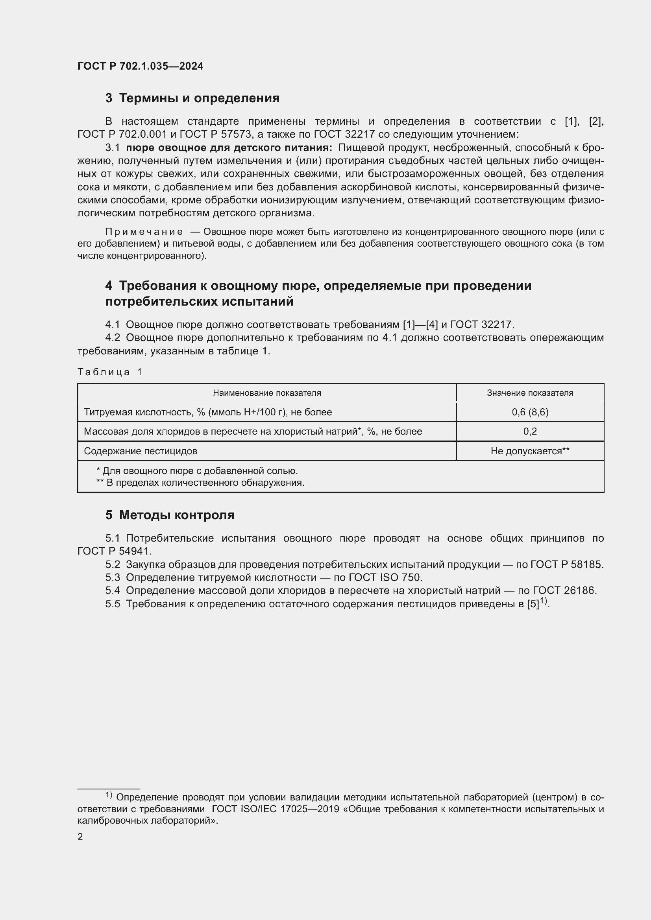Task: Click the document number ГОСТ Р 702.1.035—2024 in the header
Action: pyautogui.click(x=140, y=66)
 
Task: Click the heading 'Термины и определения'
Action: pyautogui.click(x=199, y=98)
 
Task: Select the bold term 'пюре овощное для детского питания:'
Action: pyautogui.click(x=229, y=148)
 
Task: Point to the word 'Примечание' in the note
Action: pyautogui.click(x=144, y=232)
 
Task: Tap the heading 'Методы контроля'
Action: pyautogui.click(x=177, y=515)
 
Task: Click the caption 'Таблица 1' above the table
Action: pyautogui.click(x=110, y=372)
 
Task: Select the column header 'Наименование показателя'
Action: pyautogui.click(x=266, y=393)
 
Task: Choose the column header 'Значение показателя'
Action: pyautogui.click(x=529, y=393)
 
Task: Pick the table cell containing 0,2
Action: pyautogui.click(x=529, y=431)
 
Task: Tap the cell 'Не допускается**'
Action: pyautogui.click(x=529, y=451)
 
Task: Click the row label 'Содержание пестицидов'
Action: pyautogui.click(x=140, y=451)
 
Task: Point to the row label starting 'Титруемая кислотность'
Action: pyautogui.click(x=208, y=412)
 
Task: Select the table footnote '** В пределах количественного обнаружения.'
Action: pyautogui.click(x=200, y=483)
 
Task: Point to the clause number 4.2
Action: pyautogui.click(x=113, y=338)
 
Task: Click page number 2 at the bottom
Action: pyautogui.click(x=80, y=837)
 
